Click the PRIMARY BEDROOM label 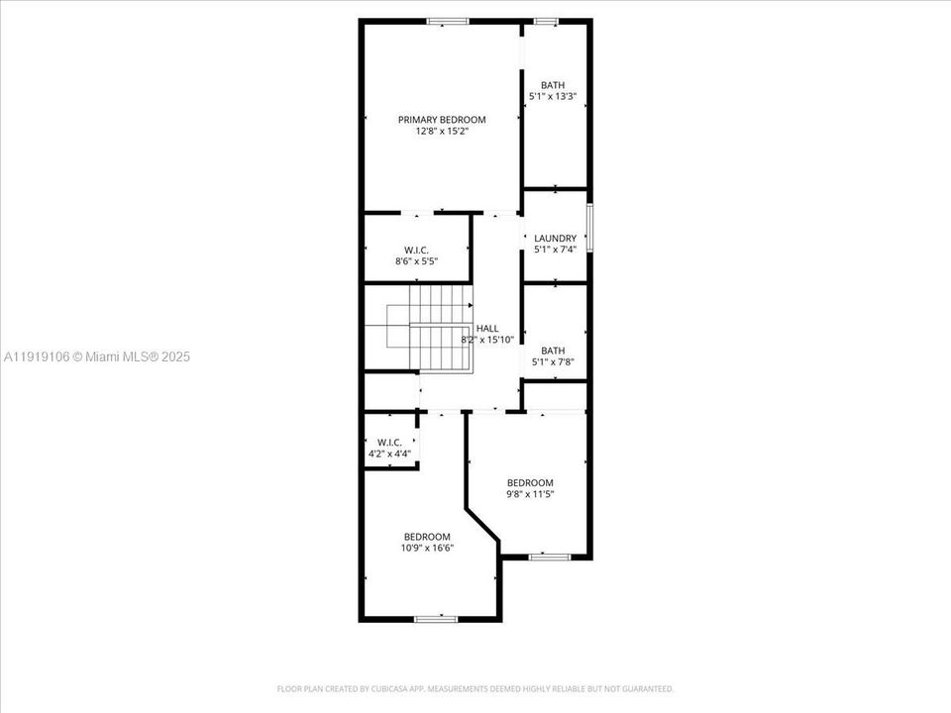[442, 120]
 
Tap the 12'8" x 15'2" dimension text [442, 131]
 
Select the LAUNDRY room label [555, 239]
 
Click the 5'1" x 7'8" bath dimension [553, 361]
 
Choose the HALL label [487, 329]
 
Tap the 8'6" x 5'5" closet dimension [416, 261]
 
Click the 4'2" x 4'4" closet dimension [389, 454]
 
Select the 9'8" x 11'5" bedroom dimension [530, 494]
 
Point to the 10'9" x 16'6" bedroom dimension [427, 548]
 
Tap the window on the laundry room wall [589, 229]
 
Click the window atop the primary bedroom [448, 21]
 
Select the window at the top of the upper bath [546, 21]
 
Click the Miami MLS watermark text [97, 356]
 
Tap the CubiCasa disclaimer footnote [475, 688]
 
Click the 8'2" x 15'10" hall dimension [487, 340]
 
